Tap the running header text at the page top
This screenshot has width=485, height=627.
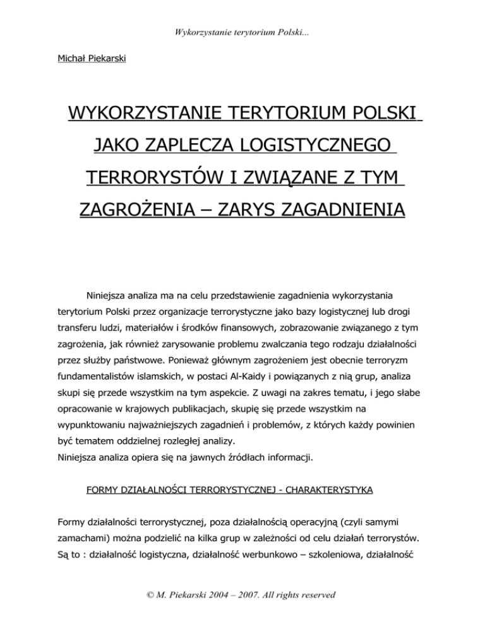pos(242,15)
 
